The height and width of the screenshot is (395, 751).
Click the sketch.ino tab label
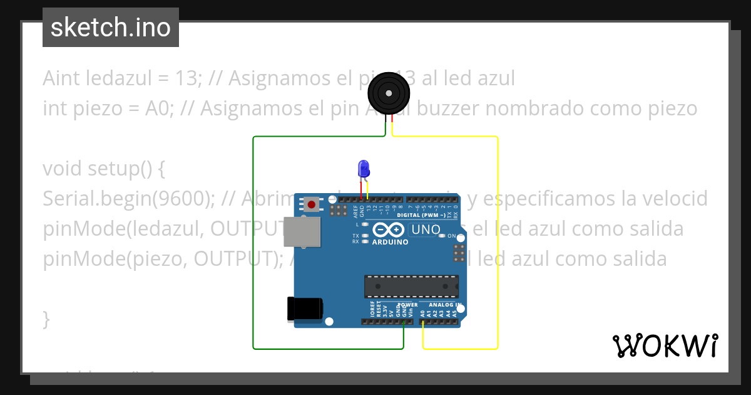tap(110, 28)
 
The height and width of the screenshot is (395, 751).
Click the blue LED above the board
tap(363, 168)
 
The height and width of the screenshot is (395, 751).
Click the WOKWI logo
tap(665, 345)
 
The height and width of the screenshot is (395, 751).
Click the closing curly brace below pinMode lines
tap(46, 319)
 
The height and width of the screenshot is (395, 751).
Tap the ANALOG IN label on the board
tap(445, 305)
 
